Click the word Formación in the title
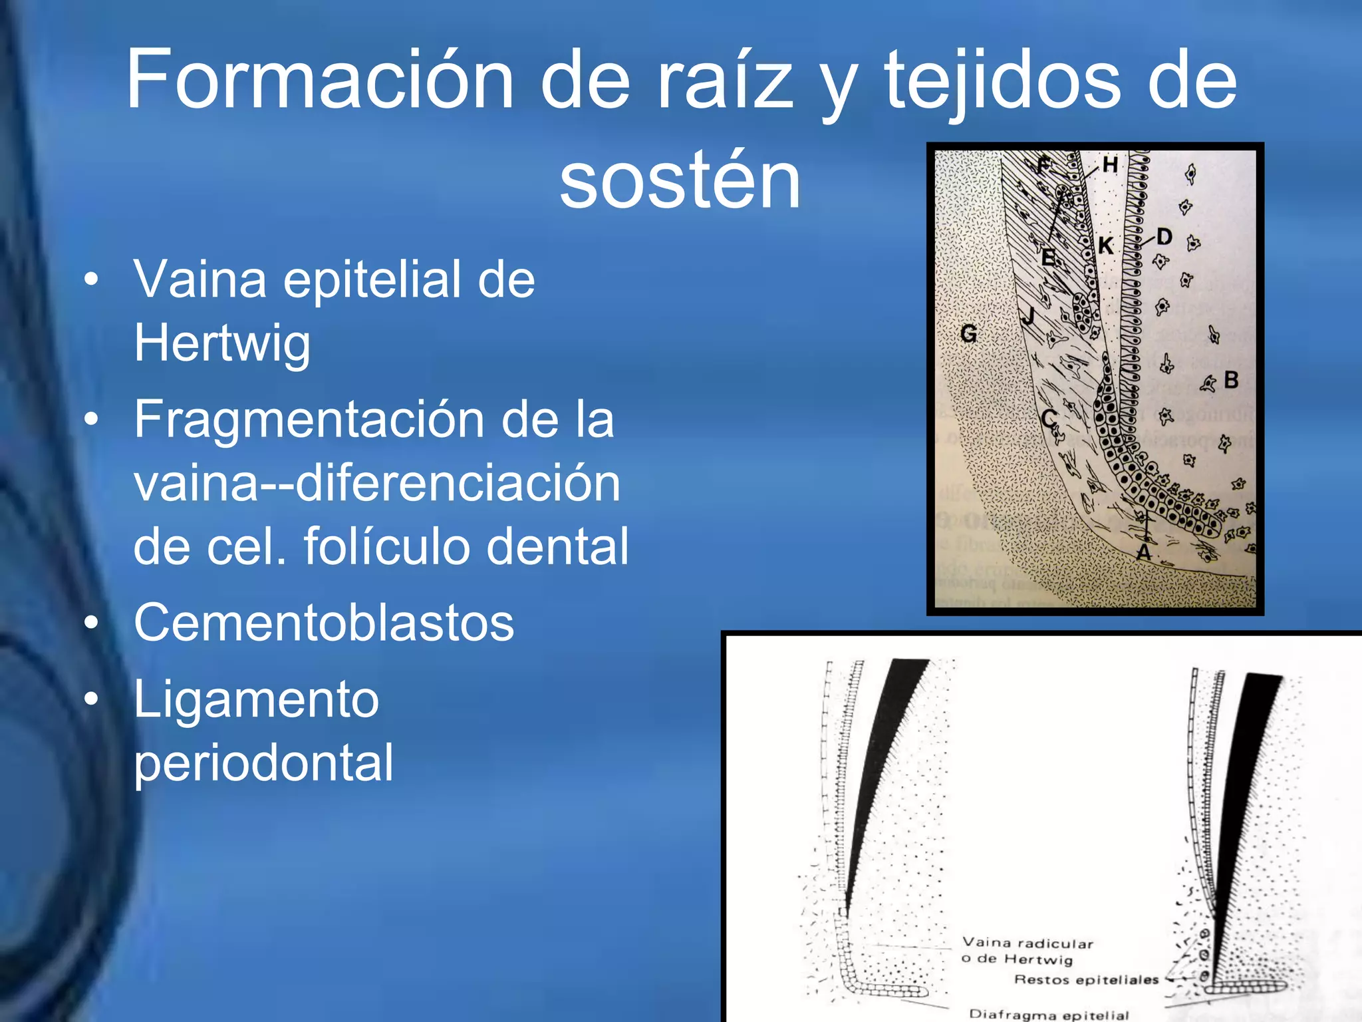click(x=319, y=80)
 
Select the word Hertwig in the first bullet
click(x=222, y=343)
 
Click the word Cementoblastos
click(x=324, y=623)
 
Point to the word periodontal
click(x=263, y=763)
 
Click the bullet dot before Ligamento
click(x=92, y=699)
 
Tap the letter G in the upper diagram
click(x=969, y=333)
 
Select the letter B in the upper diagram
click(x=1231, y=380)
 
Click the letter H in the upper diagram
click(x=1109, y=164)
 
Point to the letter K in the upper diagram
click(x=1105, y=246)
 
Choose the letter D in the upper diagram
click(x=1164, y=237)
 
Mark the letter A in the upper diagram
click(x=1143, y=552)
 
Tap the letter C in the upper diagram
click(x=1048, y=419)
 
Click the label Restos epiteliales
click(x=1086, y=979)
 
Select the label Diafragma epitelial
click(x=1049, y=1015)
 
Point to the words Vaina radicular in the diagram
click(x=1027, y=943)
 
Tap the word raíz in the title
click(x=725, y=80)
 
